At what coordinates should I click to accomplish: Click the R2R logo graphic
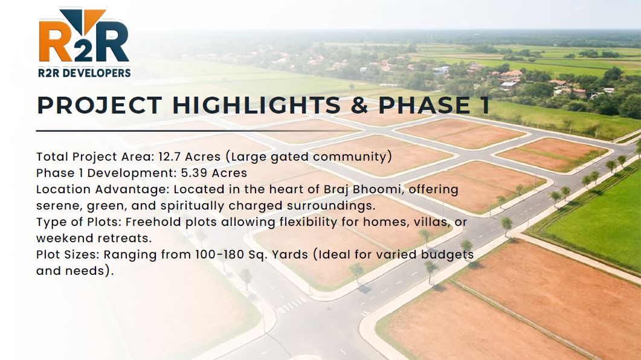(84, 36)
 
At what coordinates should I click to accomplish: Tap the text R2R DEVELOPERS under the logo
(85, 73)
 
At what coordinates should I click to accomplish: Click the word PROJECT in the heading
(99, 106)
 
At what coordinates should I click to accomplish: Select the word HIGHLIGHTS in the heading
(256, 106)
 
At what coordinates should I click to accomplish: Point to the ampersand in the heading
(359, 106)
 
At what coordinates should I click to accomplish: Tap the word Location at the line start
(63, 190)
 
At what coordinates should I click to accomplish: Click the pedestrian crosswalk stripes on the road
(292, 304)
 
